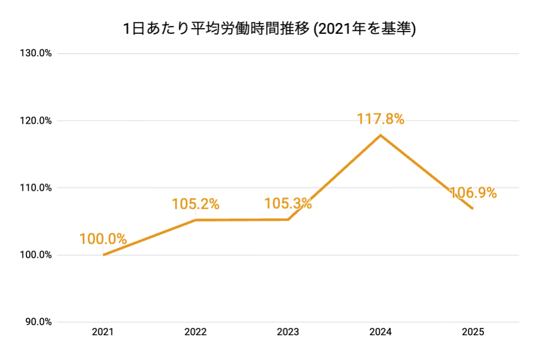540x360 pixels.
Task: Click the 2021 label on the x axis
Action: click(x=103, y=332)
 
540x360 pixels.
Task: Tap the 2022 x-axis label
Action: click(x=195, y=332)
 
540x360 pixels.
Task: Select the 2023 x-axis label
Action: click(x=288, y=332)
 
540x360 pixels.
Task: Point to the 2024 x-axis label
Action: click(x=380, y=332)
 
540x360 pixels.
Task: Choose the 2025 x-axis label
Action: click(x=472, y=332)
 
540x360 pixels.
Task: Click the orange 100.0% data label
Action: click(x=103, y=238)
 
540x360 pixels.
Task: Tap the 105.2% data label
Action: click(x=195, y=204)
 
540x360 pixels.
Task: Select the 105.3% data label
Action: click(x=288, y=204)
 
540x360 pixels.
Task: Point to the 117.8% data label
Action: click(x=380, y=119)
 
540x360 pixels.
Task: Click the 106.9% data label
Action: click(x=472, y=193)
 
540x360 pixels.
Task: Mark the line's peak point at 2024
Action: click(x=380, y=135)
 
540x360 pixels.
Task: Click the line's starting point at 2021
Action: click(x=103, y=255)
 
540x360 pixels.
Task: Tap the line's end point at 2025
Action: click(x=472, y=208)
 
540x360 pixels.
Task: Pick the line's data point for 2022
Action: click(x=195, y=220)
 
